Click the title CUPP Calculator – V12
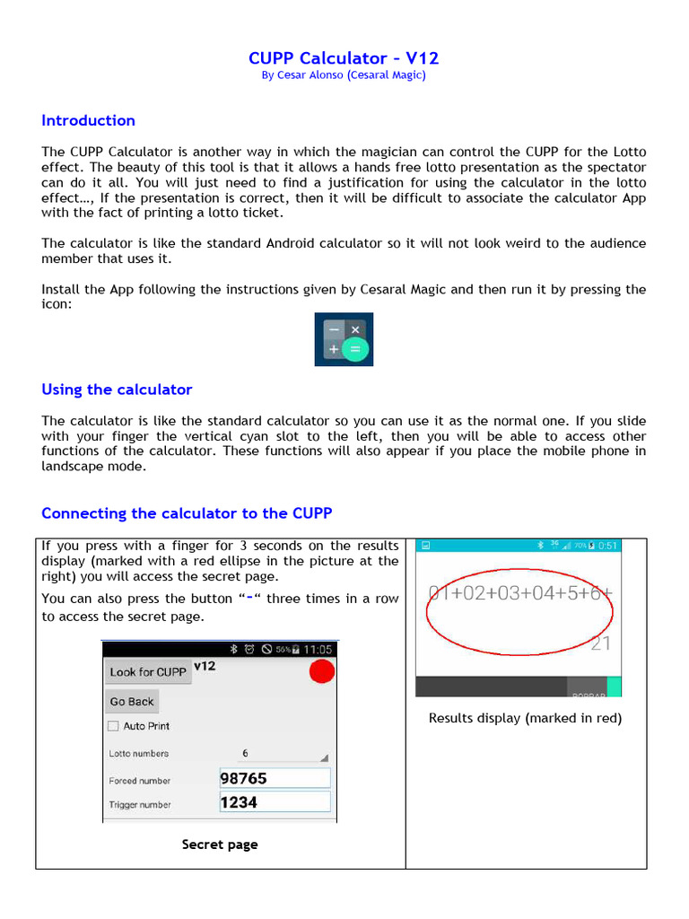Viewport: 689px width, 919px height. click(344, 58)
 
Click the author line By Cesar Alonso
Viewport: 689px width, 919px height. click(344, 75)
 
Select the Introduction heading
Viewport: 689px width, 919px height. click(88, 120)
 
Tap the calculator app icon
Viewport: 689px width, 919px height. click(344, 339)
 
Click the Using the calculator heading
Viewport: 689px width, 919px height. click(117, 389)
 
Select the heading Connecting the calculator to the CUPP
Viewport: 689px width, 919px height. click(187, 513)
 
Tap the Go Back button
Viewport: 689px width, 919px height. click(132, 702)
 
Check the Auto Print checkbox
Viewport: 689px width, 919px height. click(113, 726)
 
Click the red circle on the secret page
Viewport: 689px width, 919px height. click(321, 671)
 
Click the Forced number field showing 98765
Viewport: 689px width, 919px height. click(275, 779)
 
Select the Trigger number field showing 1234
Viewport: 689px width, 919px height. click(275, 802)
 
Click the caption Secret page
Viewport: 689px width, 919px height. click(220, 845)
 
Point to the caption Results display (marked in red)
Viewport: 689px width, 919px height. click(525, 718)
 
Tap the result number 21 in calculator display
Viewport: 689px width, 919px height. click(601, 643)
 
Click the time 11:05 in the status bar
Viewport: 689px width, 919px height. click(318, 649)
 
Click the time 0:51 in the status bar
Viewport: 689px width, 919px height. click(607, 546)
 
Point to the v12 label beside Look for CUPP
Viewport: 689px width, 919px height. click(205, 666)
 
